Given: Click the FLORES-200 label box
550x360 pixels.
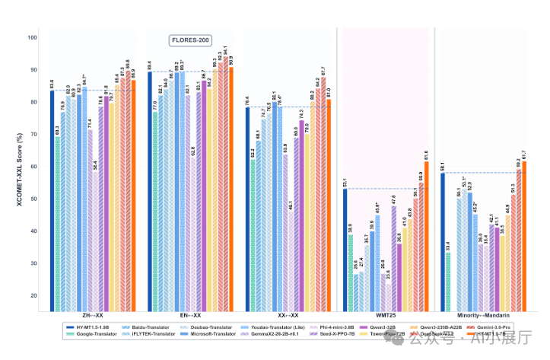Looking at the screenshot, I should pyautogui.click(x=190, y=40).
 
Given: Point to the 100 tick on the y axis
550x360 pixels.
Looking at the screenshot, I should pyautogui.click(x=32, y=37).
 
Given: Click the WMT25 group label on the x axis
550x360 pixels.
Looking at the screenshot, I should pyautogui.click(x=385, y=314).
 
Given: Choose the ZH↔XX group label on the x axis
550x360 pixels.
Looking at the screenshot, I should pyautogui.click(x=94, y=314).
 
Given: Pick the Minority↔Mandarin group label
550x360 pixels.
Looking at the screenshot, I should pyautogui.click(x=483, y=314).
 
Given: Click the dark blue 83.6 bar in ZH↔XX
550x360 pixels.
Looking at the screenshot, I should pyautogui.click(x=52, y=198).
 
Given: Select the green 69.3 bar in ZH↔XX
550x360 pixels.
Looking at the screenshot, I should pyautogui.click(x=58, y=221).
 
